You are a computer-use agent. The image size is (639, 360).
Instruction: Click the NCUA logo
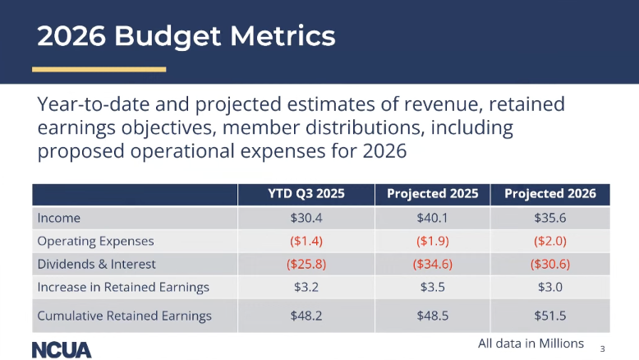point(62,348)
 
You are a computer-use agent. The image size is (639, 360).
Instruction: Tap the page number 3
point(602,348)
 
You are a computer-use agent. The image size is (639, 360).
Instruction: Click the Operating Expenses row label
point(95,242)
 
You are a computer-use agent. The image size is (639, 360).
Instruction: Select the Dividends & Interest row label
point(96,265)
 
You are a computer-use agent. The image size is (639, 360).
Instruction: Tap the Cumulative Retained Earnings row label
point(124,316)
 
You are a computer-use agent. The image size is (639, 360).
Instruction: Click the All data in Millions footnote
point(531,343)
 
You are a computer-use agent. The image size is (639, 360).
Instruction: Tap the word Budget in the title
point(168,36)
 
